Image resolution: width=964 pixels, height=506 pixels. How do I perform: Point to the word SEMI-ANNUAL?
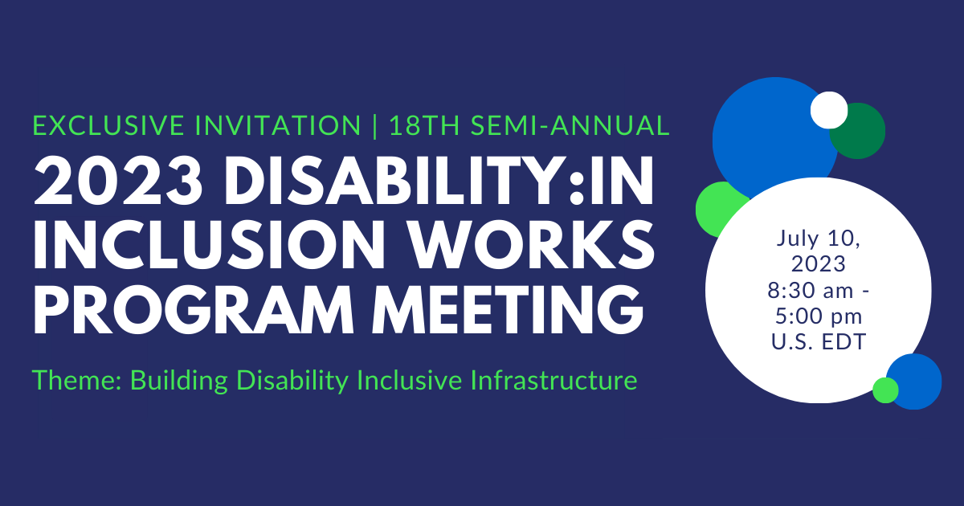(568, 125)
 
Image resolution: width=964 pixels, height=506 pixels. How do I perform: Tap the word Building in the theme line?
(177, 380)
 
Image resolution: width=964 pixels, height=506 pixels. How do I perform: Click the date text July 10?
(819, 239)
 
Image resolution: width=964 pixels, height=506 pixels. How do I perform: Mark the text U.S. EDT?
(819, 341)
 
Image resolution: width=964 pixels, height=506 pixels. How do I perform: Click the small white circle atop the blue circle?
(829, 110)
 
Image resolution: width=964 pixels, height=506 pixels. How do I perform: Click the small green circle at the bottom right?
(885, 390)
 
